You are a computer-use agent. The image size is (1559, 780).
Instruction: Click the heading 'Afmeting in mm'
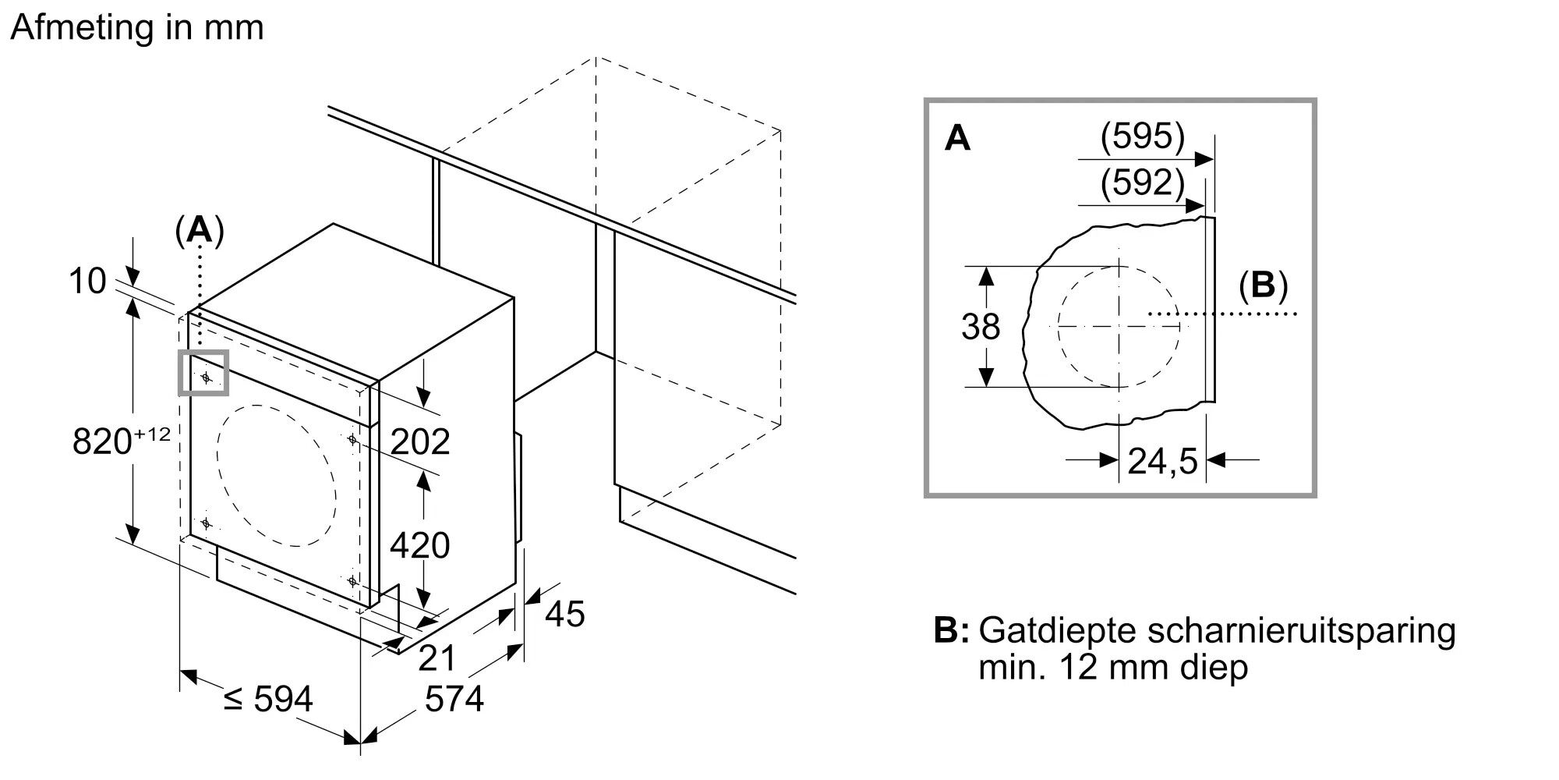tap(137, 28)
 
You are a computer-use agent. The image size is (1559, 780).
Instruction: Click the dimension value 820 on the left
tap(101, 442)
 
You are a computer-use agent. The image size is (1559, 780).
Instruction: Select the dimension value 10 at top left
tap(87, 281)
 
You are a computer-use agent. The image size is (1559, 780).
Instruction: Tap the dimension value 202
tap(420, 442)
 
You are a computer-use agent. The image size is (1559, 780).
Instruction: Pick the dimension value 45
tap(564, 614)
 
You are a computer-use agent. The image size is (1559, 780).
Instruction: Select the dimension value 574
tap(454, 699)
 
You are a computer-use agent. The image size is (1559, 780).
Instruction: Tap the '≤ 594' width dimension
tap(267, 699)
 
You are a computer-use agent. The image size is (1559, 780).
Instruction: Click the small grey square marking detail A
tap(204, 373)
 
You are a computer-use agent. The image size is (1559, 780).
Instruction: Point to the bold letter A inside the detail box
tap(957, 139)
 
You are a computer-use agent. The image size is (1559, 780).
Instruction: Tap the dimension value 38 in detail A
tap(981, 327)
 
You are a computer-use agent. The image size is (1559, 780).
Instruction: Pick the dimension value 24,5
tap(1162, 462)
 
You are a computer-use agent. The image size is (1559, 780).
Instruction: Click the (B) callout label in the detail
tap(1263, 286)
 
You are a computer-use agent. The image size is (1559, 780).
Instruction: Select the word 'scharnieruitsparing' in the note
tap(1301, 631)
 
